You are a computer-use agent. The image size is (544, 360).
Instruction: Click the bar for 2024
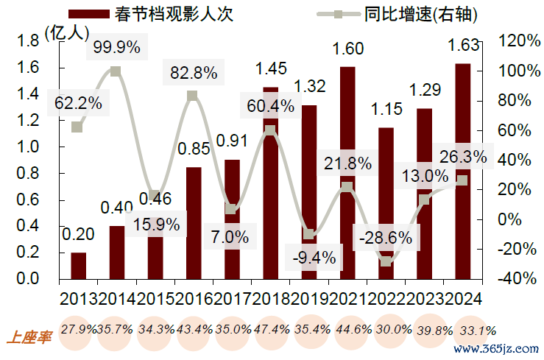(x=462, y=172)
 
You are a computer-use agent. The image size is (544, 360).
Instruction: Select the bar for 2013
(x=78, y=266)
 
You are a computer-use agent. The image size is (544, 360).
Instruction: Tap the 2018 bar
(x=270, y=183)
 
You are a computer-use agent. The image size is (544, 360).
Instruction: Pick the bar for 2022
(x=386, y=203)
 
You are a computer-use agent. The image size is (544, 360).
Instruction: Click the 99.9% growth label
(x=116, y=47)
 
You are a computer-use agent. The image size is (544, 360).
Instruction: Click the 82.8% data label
(x=193, y=72)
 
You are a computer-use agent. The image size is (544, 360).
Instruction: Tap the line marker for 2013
(x=77, y=127)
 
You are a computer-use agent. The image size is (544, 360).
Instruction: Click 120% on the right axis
(x=519, y=41)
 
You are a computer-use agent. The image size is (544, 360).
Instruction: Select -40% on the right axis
(x=519, y=279)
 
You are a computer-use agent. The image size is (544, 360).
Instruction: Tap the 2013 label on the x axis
(x=77, y=298)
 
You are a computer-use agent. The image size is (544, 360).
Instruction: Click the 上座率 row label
(x=29, y=338)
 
